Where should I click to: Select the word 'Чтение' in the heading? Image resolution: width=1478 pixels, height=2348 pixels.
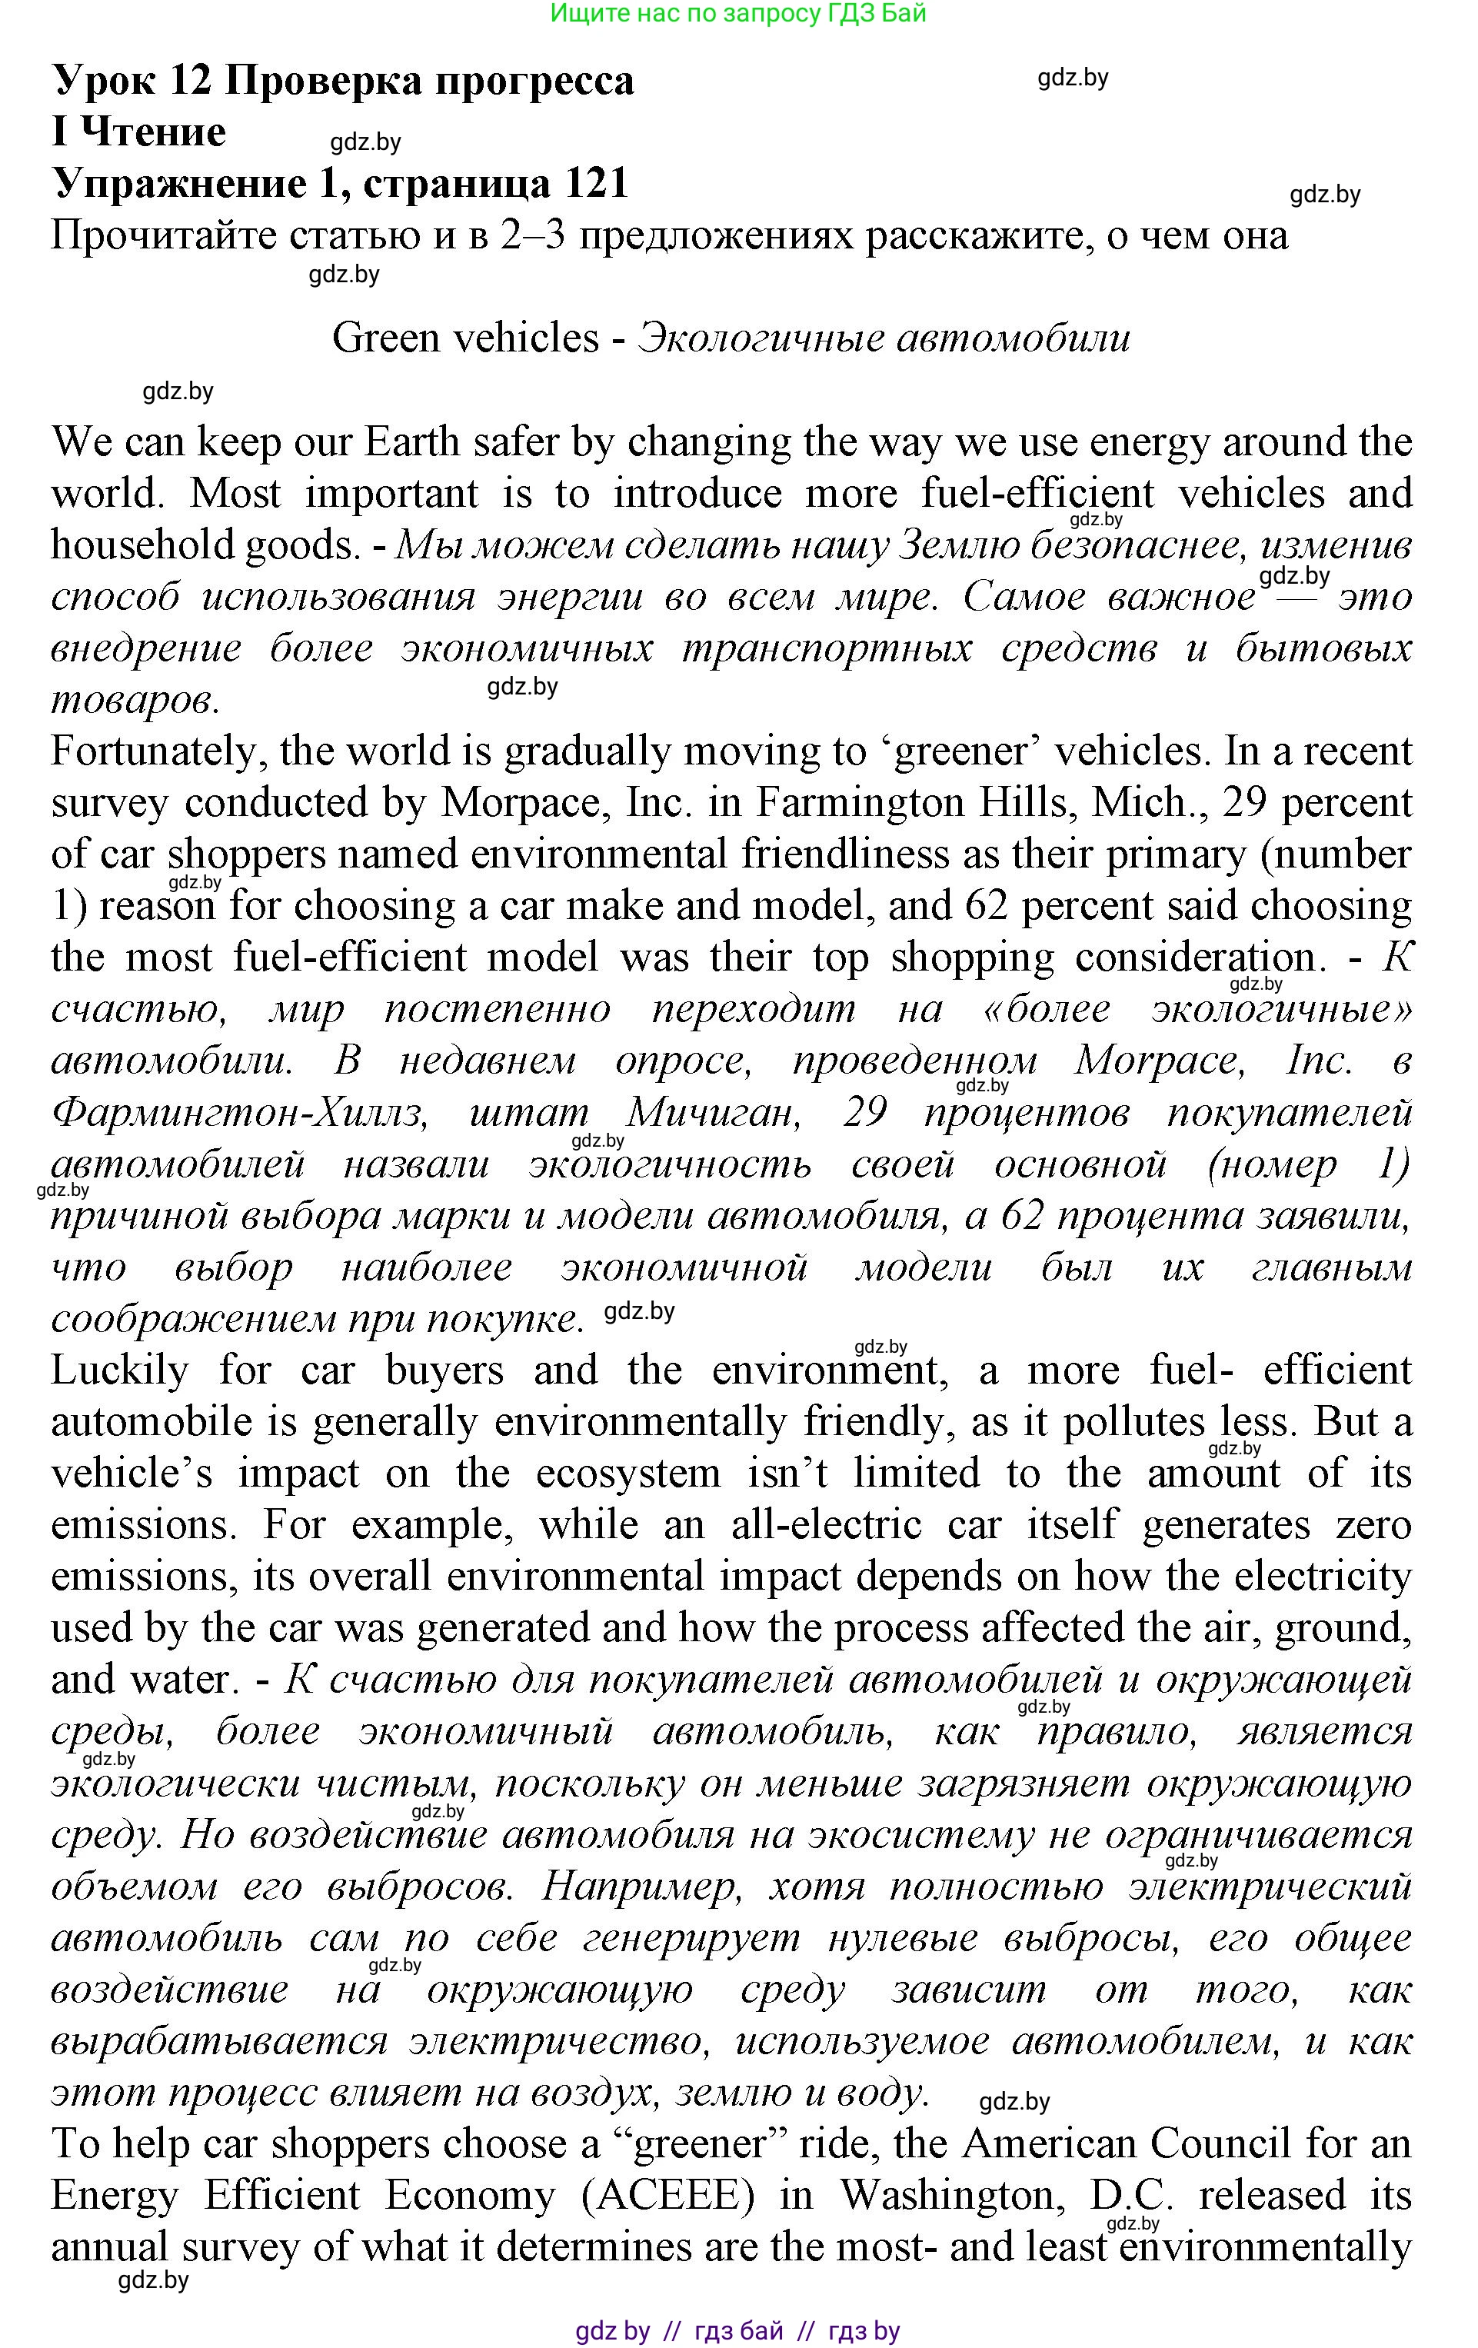coord(153,132)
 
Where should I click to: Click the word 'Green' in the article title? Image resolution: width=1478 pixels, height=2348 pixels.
coord(385,338)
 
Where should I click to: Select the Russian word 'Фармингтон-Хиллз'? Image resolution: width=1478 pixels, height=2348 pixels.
coord(239,1113)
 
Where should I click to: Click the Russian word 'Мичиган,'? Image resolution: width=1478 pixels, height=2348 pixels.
coord(714,1113)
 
